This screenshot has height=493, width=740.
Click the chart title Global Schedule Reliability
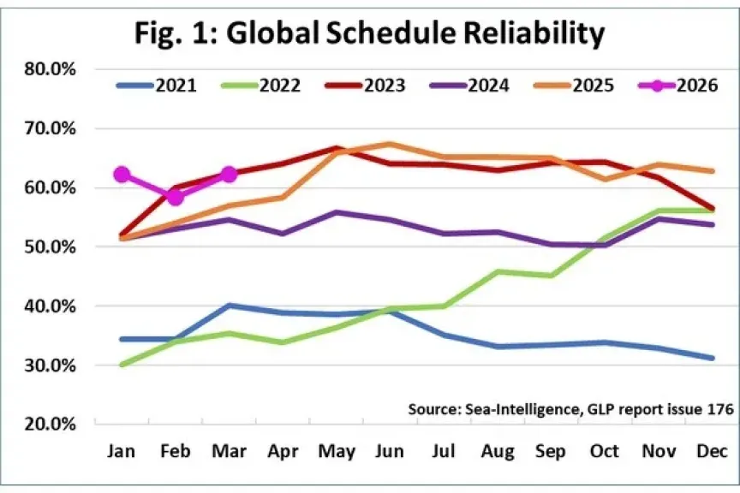tap(369, 33)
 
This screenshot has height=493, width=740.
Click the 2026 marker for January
tap(122, 175)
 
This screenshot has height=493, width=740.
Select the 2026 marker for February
tap(175, 198)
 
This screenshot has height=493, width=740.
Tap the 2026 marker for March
tap(229, 175)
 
